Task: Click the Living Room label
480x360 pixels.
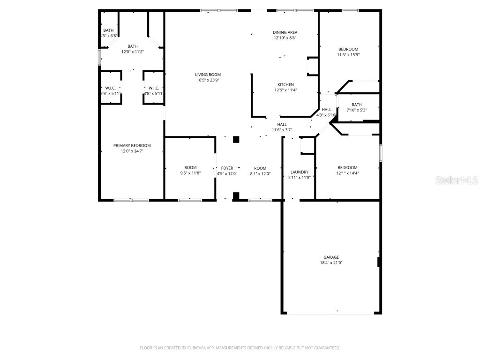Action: pos(208,75)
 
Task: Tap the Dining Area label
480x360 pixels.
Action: pos(285,32)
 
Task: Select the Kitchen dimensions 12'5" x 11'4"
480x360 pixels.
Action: pos(285,90)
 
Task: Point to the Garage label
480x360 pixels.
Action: pos(331,257)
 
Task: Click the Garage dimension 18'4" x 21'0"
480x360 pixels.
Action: pos(331,263)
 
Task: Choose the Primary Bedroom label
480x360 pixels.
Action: pos(132,145)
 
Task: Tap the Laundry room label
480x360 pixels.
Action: pos(299,172)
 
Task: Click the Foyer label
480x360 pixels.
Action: pos(227,168)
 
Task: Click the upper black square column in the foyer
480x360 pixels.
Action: pos(236,139)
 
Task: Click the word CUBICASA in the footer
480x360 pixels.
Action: pos(192,348)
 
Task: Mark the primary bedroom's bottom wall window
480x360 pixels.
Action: pos(131,200)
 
